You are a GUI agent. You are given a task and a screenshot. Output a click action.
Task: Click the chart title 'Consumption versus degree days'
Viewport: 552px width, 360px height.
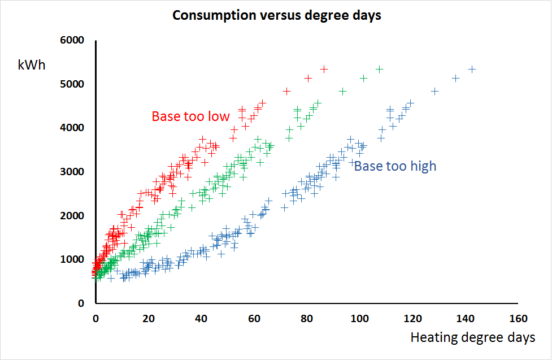[276, 15]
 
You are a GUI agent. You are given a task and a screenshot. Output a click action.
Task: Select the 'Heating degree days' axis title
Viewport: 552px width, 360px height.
[472, 338]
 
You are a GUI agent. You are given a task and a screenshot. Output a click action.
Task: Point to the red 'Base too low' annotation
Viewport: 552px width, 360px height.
[190, 116]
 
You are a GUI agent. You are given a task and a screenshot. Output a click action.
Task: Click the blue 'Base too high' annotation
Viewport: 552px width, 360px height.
[395, 166]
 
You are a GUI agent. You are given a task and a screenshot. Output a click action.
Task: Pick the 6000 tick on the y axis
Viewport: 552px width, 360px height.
[73, 41]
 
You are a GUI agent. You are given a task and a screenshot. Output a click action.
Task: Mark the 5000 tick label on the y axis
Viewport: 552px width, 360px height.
[73, 84]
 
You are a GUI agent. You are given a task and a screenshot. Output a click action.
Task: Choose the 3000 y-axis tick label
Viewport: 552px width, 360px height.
[73, 172]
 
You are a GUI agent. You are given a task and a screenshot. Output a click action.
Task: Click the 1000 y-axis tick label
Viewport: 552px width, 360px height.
[73, 259]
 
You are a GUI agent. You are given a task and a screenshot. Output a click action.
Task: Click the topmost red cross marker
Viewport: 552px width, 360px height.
[324, 69]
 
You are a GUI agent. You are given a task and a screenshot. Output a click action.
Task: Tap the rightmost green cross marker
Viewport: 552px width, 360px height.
[380, 69]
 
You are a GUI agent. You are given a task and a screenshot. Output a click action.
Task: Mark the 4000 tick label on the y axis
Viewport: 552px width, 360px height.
[73, 128]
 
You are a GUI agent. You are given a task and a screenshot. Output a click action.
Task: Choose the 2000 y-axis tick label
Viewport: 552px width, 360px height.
[73, 216]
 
